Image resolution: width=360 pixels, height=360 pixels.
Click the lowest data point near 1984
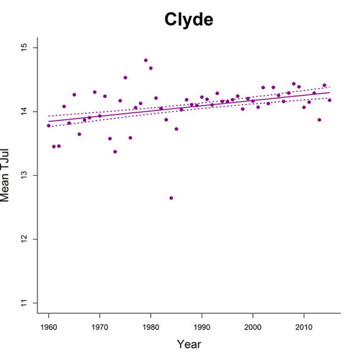[171, 198]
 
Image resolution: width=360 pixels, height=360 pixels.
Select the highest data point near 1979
[145, 60]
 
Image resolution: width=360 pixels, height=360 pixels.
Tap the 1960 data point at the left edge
[48, 125]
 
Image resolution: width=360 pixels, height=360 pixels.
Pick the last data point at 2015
[330, 100]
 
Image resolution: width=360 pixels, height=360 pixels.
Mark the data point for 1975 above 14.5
[125, 78]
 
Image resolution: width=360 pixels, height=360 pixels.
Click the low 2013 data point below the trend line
[319, 120]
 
